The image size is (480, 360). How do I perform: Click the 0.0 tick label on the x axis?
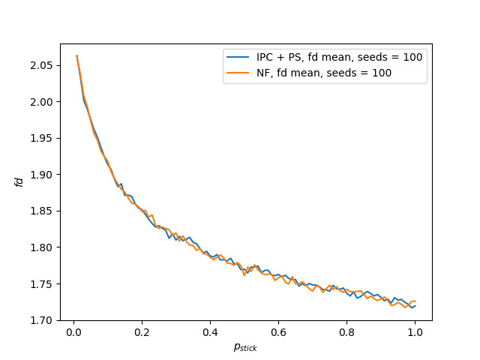tap(73, 331)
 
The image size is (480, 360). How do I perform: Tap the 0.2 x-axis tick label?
tap(142, 331)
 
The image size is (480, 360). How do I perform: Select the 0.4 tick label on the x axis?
tap(210, 331)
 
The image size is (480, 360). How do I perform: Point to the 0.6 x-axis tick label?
tap(278, 331)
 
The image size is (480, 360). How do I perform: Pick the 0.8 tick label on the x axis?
tap(346, 331)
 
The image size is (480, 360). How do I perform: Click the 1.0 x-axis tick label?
tap(415, 331)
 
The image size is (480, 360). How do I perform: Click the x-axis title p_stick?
tap(245, 346)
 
